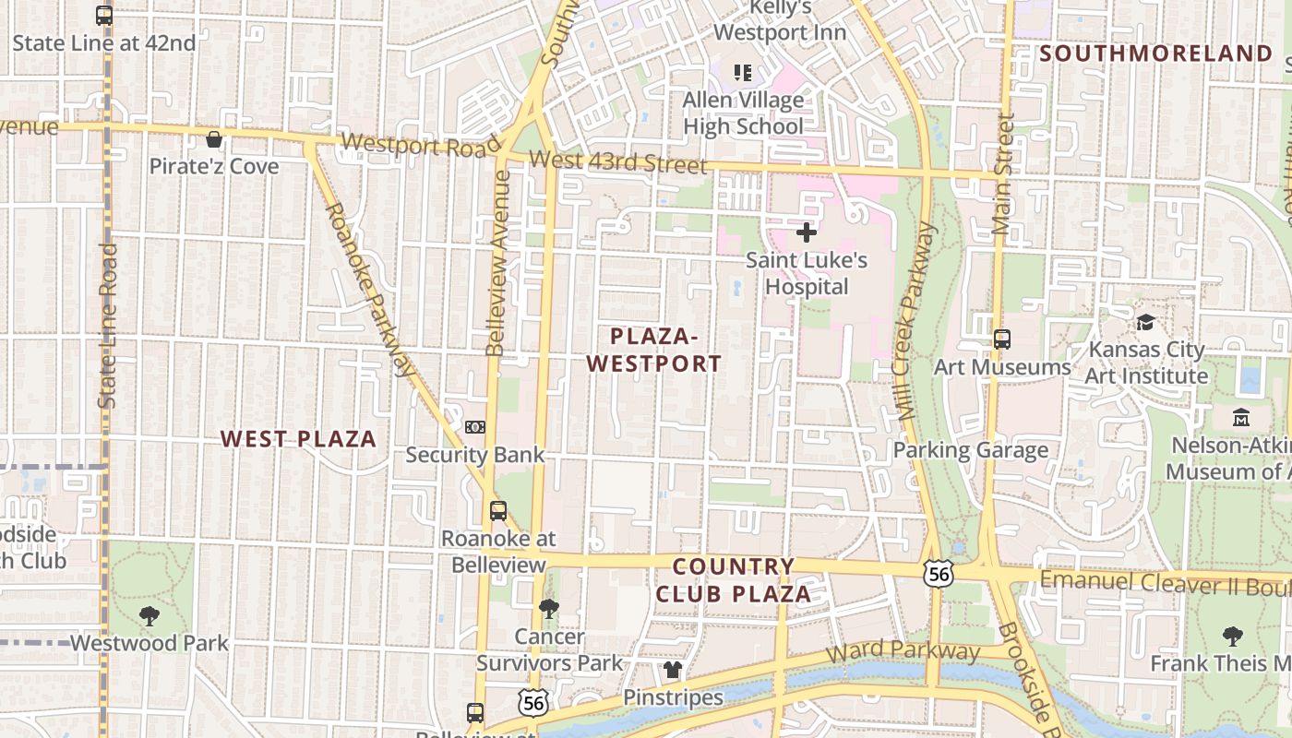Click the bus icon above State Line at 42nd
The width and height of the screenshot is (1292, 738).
tap(104, 16)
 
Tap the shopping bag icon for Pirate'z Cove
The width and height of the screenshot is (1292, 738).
tap(214, 139)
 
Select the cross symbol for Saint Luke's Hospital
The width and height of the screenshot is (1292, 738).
tap(807, 232)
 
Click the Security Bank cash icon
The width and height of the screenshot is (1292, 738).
tap(475, 427)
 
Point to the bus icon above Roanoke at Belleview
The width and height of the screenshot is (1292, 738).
tap(498, 510)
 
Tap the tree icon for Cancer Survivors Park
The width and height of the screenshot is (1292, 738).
tap(549, 608)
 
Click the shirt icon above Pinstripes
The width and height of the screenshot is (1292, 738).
tap(673, 669)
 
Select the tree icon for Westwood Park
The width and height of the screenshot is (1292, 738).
tap(149, 615)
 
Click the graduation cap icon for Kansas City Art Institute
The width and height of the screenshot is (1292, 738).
tap(1145, 322)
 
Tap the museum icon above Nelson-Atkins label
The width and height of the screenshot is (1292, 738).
tap(1241, 417)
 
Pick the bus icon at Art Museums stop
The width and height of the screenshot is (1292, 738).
tap(1003, 339)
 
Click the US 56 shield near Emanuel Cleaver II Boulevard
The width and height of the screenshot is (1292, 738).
tap(938, 574)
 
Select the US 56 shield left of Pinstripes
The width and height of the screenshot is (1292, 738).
tap(532, 702)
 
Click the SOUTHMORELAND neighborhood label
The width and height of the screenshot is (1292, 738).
tap(1156, 54)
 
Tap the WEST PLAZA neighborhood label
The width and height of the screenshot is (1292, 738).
tap(298, 439)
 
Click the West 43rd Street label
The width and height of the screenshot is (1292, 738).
tap(619, 162)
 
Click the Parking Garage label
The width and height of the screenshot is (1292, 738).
tap(970, 450)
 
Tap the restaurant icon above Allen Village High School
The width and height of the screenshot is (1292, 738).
tap(743, 71)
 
